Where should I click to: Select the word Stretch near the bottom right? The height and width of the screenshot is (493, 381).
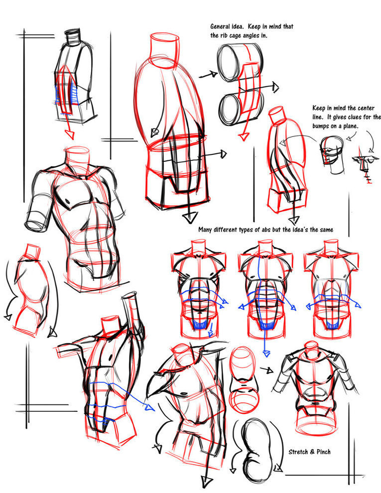tap(298, 452)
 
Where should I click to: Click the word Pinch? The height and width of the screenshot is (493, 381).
tap(323, 452)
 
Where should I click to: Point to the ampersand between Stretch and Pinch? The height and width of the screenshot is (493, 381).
tap(312, 452)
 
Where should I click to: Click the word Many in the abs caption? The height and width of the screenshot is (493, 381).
tap(205, 230)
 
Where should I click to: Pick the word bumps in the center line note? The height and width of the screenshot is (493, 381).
tap(321, 126)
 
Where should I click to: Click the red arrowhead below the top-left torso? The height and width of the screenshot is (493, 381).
tap(70, 134)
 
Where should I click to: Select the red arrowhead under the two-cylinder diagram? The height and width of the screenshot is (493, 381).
tap(243, 136)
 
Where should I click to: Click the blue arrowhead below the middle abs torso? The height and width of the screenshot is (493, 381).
tap(266, 354)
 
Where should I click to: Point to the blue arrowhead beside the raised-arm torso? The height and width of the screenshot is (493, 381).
tap(149, 407)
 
